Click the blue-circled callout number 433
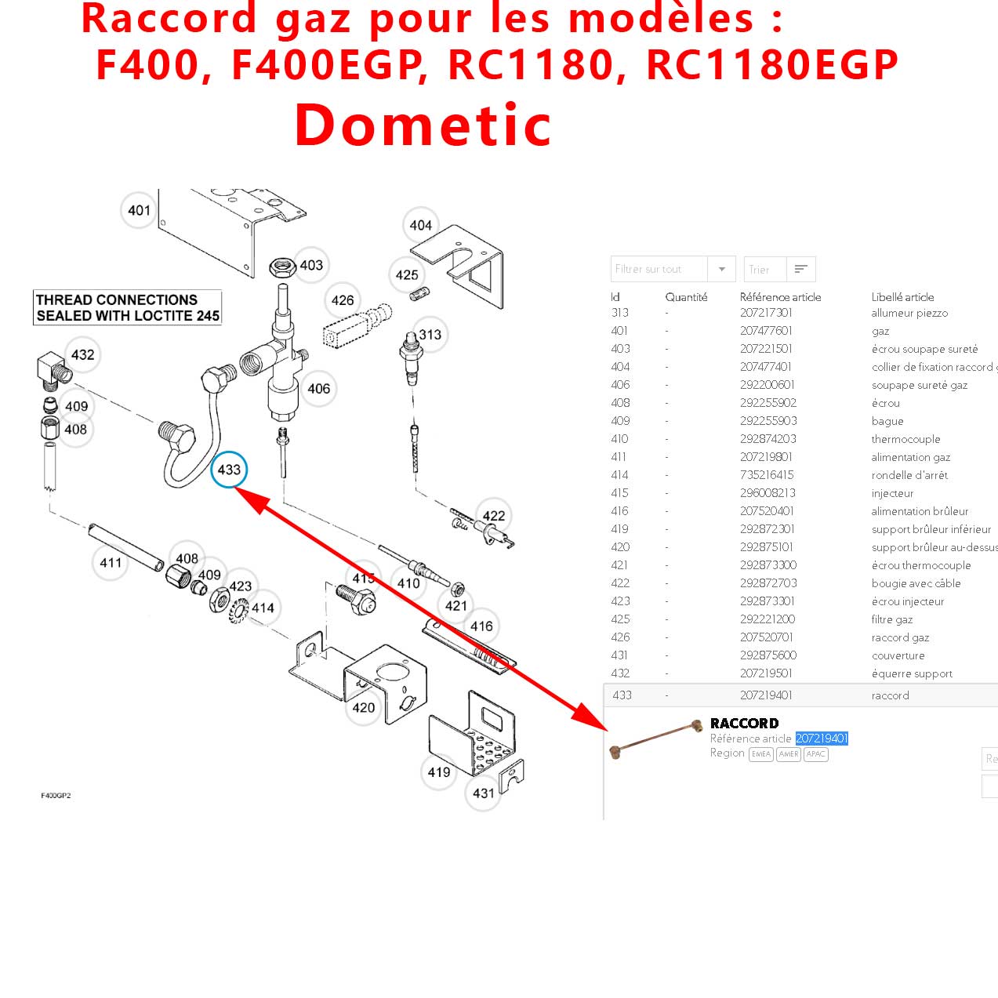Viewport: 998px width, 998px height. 229,470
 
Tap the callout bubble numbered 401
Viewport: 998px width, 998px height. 139,210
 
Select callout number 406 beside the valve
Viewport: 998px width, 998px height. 318,389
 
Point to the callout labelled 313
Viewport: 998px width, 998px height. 430,335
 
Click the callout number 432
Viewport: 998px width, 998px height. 82,355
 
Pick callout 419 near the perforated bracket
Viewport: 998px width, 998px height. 439,772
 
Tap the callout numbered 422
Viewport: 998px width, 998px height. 494,516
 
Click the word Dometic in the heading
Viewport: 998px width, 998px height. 423,125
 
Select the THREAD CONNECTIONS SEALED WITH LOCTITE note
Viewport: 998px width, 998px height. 128,307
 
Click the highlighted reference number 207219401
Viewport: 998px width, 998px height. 822,739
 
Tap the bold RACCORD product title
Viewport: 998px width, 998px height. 744,724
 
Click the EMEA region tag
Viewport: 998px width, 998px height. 761,754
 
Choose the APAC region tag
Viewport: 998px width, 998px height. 816,754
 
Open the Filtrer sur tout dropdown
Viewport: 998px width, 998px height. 673,269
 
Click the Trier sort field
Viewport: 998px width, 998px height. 764,269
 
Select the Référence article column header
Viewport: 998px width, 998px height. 780,297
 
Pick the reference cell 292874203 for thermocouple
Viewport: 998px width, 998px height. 768,439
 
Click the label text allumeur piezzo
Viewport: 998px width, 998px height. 909,313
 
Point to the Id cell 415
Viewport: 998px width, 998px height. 619,493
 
